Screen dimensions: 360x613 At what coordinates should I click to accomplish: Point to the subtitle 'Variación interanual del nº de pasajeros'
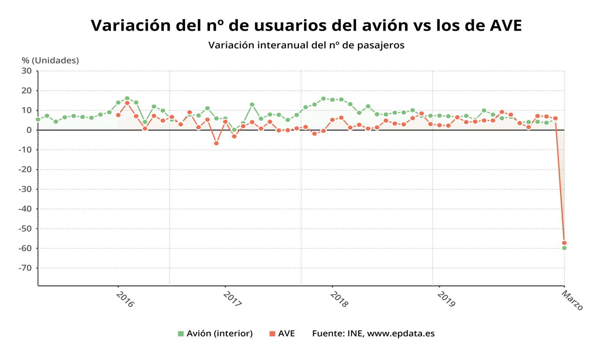tap(306, 45)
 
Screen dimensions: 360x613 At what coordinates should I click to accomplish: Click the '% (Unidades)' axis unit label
tap(50, 60)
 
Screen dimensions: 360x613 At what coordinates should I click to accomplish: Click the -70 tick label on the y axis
tap(25, 268)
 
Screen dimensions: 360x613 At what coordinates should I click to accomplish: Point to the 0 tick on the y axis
tap(29, 130)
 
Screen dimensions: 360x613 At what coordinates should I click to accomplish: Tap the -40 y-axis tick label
tap(25, 209)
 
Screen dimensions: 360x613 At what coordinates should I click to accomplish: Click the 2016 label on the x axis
tap(125, 299)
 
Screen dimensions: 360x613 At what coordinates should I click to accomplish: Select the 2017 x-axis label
tap(232, 299)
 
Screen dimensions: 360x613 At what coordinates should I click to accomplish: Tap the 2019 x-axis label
tap(446, 299)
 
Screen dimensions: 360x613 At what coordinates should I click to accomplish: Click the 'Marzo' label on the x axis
tap(573, 300)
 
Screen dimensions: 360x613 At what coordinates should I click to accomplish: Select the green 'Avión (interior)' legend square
tap(180, 333)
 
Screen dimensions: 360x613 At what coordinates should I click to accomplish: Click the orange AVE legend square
tap(272, 333)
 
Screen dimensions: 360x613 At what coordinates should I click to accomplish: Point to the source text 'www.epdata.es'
tap(401, 333)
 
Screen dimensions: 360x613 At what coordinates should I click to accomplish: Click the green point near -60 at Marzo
tap(564, 248)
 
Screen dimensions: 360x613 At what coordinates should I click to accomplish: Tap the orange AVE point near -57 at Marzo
tap(564, 243)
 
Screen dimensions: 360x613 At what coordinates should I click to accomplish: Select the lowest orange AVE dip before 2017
tap(216, 143)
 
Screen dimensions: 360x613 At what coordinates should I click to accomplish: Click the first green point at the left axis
tap(38, 119)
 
